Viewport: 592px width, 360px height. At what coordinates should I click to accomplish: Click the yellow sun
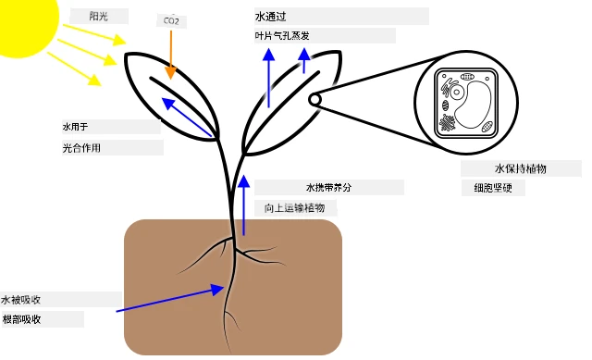click(x=27, y=22)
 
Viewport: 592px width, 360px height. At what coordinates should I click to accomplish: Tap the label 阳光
click(x=99, y=17)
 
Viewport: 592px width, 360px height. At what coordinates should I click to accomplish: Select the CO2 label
click(x=171, y=20)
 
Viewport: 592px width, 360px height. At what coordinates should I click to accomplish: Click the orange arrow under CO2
click(x=171, y=55)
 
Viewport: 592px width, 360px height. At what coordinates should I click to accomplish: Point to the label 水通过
click(x=271, y=17)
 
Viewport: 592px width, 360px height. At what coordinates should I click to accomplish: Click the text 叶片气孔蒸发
click(x=282, y=36)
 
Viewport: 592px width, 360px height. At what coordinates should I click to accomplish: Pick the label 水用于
click(x=75, y=127)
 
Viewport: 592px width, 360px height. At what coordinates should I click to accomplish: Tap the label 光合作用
click(x=81, y=148)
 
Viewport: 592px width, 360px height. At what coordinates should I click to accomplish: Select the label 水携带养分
click(x=328, y=187)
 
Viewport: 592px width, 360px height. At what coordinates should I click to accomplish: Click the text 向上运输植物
click(x=294, y=208)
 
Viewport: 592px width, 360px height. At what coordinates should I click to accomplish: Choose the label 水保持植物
click(x=521, y=168)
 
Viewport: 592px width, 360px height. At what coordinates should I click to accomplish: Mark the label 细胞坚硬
click(x=493, y=188)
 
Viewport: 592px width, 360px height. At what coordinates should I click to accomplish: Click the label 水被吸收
click(x=20, y=300)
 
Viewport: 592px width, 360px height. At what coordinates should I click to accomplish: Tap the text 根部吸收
click(x=21, y=319)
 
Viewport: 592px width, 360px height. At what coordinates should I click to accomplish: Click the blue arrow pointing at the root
click(x=170, y=298)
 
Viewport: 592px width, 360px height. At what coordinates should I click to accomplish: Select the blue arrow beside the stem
click(x=244, y=205)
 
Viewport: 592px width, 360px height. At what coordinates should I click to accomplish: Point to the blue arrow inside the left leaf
click(x=187, y=118)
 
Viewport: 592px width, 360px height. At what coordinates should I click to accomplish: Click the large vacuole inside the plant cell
click(x=473, y=105)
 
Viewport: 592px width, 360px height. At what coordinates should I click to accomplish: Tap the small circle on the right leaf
click(x=314, y=100)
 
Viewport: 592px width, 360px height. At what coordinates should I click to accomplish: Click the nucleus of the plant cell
click(x=456, y=93)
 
